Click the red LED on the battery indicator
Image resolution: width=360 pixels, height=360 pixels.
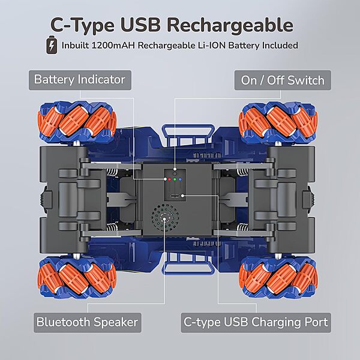169,179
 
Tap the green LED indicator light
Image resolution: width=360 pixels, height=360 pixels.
175,179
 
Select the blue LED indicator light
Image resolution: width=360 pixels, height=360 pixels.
180,179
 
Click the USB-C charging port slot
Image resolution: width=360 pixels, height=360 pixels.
175,196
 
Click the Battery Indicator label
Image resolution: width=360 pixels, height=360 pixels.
80,80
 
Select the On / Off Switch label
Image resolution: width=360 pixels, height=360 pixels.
282,80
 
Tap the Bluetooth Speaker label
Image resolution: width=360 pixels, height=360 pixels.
87,322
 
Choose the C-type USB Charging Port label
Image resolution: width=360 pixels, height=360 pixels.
256,322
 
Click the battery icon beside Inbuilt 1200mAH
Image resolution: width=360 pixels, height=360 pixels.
53,46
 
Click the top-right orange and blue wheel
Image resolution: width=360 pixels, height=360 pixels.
277,121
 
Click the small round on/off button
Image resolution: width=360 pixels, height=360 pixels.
175,172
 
